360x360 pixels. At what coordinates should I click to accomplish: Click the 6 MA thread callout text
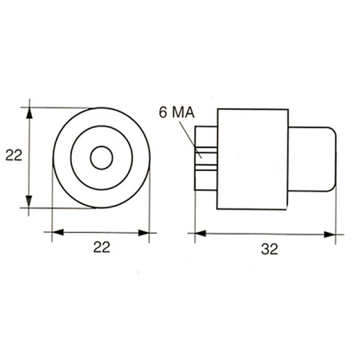click(x=177, y=113)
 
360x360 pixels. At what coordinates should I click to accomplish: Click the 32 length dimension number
click(x=270, y=249)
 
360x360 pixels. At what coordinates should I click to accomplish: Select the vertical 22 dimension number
click(x=14, y=155)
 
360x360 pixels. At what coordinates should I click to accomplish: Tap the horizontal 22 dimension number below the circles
click(x=102, y=247)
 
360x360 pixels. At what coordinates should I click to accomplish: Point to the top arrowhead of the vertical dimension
click(x=29, y=113)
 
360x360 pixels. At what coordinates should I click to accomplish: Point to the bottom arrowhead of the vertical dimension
click(x=29, y=202)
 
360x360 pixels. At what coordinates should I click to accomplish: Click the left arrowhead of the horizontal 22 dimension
click(x=58, y=232)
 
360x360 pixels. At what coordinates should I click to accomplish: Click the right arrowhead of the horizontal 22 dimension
click(x=144, y=233)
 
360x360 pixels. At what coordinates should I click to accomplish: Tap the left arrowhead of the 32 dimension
click(x=201, y=233)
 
